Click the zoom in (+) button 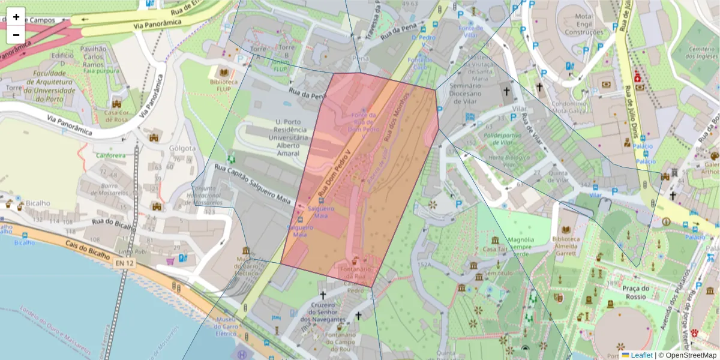click(16, 17)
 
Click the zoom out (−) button click(16, 35)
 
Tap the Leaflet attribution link click(641, 355)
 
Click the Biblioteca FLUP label click(224, 86)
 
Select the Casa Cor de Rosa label click(117, 116)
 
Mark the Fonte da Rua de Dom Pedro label click(364, 122)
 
